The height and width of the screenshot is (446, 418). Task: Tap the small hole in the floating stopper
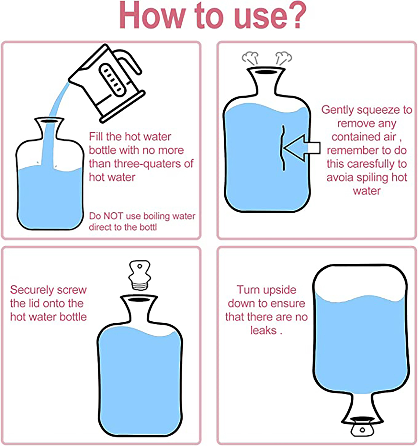(140, 266)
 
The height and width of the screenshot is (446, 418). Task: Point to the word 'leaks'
(263, 330)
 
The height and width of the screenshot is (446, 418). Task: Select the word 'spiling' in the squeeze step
(371, 178)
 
